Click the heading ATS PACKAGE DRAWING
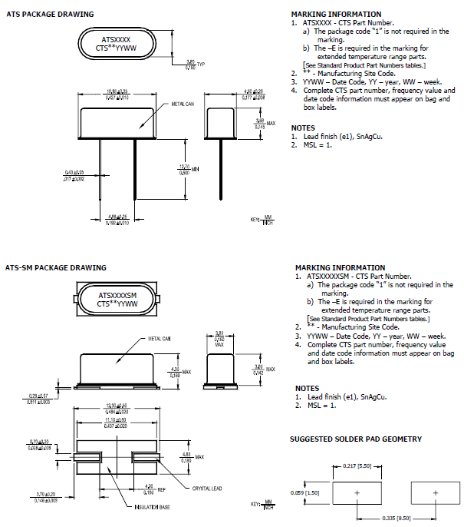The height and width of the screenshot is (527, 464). pyautogui.click(x=50, y=14)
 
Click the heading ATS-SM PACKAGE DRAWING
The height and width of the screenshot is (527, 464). pyautogui.click(x=56, y=267)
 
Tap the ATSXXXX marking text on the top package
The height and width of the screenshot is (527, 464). pyautogui.click(x=117, y=38)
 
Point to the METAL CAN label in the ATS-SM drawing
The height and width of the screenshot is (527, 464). pyautogui.click(x=160, y=338)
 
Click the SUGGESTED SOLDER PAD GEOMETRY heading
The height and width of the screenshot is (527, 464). pyautogui.click(x=355, y=439)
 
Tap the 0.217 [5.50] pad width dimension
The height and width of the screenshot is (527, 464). pyautogui.click(x=357, y=466)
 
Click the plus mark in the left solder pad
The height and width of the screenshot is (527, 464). pyautogui.click(x=357, y=492)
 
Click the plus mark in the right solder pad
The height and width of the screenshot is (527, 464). pyautogui.click(x=435, y=492)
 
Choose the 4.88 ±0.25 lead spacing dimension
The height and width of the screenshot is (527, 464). pyautogui.click(x=117, y=219)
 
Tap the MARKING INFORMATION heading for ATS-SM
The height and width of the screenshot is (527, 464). pyautogui.click(x=340, y=267)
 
